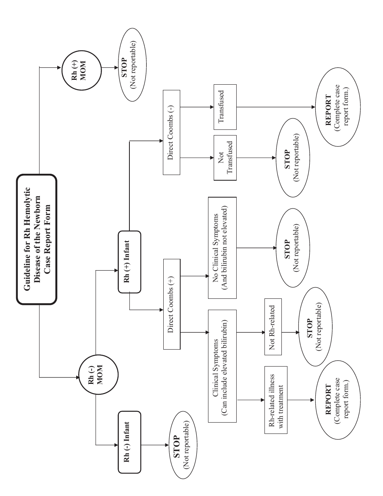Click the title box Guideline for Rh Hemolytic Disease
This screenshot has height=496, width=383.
click(36, 240)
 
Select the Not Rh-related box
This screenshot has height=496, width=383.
click(275, 333)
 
